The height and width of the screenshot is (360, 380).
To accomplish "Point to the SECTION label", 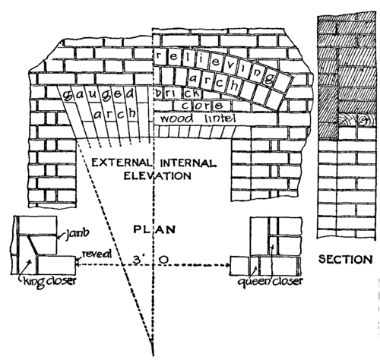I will [x=346, y=259].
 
